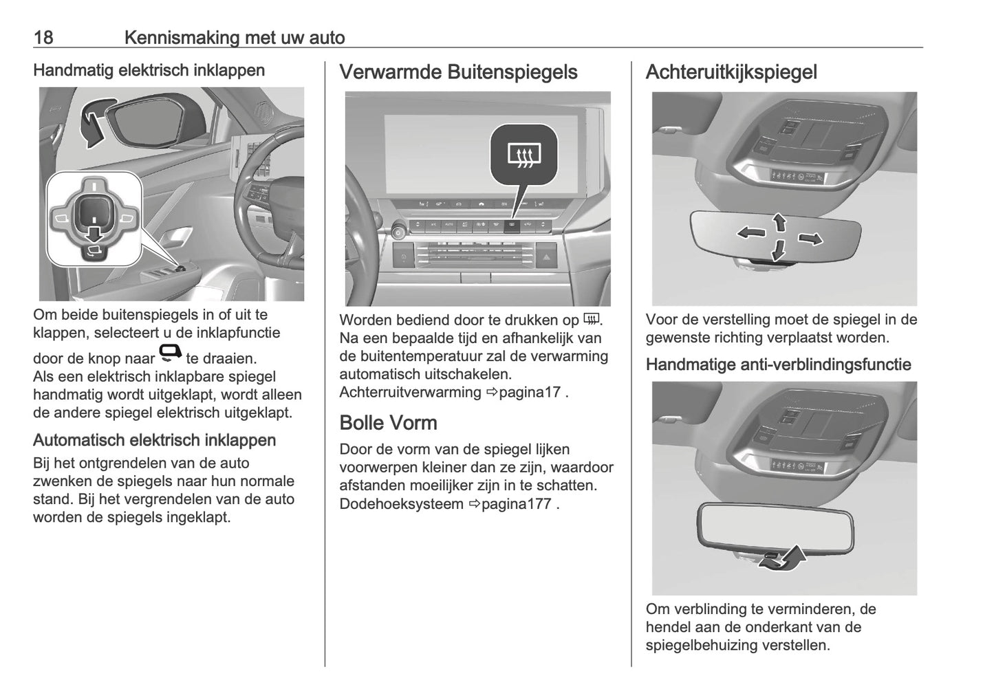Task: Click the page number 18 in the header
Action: point(43,37)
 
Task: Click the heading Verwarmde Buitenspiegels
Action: point(458,72)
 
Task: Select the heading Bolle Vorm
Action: point(388,422)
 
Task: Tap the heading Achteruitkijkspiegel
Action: point(731,72)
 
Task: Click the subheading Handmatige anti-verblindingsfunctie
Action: point(778,365)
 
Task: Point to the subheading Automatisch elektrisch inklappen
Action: point(154,440)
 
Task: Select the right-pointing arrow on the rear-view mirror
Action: point(810,239)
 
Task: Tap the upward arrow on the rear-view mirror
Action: point(779,222)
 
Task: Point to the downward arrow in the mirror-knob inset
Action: point(93,238)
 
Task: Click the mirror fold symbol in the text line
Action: point(170,353)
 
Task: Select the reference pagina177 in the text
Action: point(516,504)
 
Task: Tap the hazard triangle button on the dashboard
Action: point(545,259)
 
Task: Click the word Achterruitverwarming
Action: point(410,393)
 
